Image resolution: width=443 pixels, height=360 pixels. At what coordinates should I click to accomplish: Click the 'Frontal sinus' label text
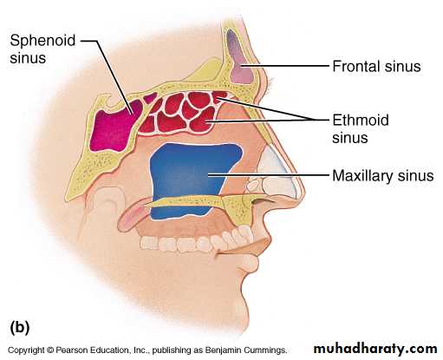click(376, 66)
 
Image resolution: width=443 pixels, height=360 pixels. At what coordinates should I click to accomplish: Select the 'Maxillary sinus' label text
click(382, 175)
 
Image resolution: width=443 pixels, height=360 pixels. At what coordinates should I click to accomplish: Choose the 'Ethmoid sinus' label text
click(361, 128)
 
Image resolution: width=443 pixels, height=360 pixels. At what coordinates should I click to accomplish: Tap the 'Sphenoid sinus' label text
click(42, 49)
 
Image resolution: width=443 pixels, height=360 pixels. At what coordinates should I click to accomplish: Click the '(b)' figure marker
click(20, 327)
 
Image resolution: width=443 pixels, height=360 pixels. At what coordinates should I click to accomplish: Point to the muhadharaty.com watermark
click(375, 349)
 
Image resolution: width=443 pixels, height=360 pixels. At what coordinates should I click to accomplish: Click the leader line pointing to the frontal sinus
click(285, 66)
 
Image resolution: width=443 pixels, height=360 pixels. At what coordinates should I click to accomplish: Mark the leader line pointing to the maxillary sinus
click(269, 174)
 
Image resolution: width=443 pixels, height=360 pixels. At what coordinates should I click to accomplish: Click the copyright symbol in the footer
click(50, 350)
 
